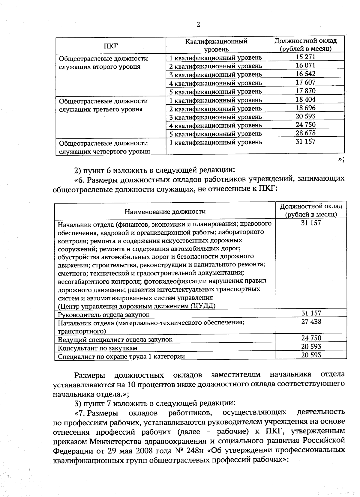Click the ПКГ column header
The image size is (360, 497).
pos(111,46)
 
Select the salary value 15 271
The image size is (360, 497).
pos(305,57)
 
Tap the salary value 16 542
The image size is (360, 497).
pos(305,74)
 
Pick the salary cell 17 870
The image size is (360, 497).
pos(305,91)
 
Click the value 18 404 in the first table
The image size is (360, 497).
pos(305,99)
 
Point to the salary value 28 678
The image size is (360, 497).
pos(305,133)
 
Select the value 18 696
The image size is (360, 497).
pos(305,108)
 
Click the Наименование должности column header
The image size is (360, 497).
pos(165,211)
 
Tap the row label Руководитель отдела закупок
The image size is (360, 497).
pos(103,314)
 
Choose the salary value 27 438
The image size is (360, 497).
pos(311,321)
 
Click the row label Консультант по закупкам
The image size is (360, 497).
pos(97,348)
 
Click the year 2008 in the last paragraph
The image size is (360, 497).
pos(154,451)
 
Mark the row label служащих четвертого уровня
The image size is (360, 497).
pos(104,151)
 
